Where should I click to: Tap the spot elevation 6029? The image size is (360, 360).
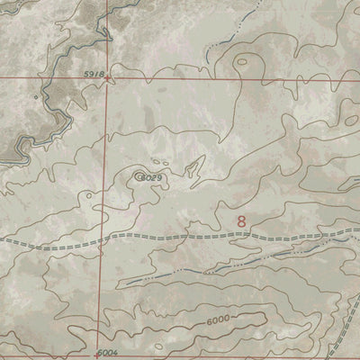click(149, 178)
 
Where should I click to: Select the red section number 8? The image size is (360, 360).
click(241, 220)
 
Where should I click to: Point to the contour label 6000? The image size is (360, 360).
click(217, 319)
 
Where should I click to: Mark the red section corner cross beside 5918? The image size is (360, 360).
click(107, 78)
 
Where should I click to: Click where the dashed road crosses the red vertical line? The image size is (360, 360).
click(102, 238)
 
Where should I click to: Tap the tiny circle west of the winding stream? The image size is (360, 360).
click(36, 95)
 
